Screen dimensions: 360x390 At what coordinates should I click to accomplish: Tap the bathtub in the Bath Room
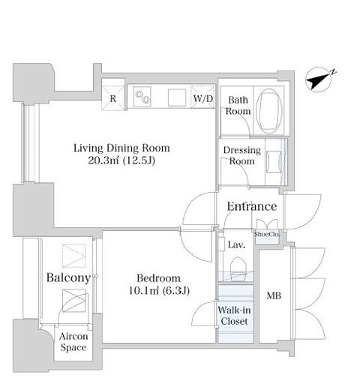click(x=269, y=111)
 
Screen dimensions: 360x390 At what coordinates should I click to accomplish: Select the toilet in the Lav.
click(x=238, y=268)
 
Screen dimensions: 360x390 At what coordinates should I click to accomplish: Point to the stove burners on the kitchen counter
click(x=142, y=97)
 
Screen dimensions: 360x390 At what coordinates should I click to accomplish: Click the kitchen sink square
click(x=177, y=97)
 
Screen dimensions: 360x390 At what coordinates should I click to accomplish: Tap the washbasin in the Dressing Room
click(x=274, y=162)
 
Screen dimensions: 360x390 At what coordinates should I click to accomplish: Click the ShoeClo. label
click(x=266, y=235)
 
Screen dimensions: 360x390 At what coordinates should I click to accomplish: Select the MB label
click(x=274, y=295)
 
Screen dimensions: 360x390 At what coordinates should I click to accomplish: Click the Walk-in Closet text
click(x=234, y=316)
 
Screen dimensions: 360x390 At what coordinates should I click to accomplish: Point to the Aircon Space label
click(x=73, y=342)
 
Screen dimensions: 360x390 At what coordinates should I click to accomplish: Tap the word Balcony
click(x=68, y=278)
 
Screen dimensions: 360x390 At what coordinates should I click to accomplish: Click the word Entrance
click(x=252, y=206)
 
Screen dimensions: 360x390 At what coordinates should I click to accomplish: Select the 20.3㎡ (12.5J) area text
click(x=121, y=160)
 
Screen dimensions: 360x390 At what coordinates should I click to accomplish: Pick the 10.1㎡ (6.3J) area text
click(x=159, y=290)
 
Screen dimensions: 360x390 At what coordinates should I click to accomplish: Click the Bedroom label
click(x=159, y=278)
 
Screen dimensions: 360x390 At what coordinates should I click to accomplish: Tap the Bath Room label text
click(x=238, y=106)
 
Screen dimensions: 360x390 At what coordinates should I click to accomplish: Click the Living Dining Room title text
click(x=121, y=148)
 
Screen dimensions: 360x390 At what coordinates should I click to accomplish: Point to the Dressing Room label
click(x=242, y=155)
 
